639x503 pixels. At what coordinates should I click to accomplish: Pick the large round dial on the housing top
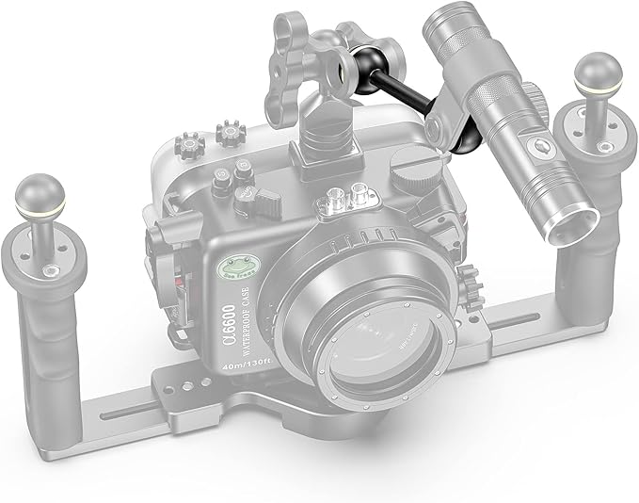(409, 176)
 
